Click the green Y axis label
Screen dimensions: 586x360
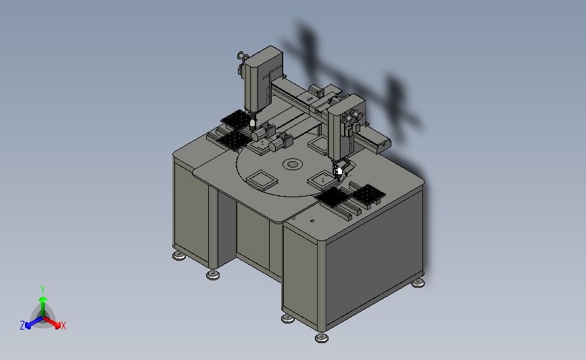pyautogui.click(x=43, y=290)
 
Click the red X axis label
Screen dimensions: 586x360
pyautogui.click(x=63, y=326)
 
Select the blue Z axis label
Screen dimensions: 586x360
pyautogui.click(x=22, y=326)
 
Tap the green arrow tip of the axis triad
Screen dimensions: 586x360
pyautogui.click(x=43, y=299)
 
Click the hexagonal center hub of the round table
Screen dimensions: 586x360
pyautogui.click(x=292, y=164)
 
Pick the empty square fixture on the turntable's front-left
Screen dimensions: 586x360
pyautogui.click(x=262, y=180)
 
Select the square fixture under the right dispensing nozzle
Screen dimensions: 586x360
pyautogui.click(x=323, y=180)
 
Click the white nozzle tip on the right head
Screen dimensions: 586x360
pyautogui.click(x=339, y=172)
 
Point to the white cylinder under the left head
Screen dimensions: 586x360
pyautogui.click(x=253, y=124)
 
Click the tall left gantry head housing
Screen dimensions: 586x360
pyautogui.click(x=263, y=79)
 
